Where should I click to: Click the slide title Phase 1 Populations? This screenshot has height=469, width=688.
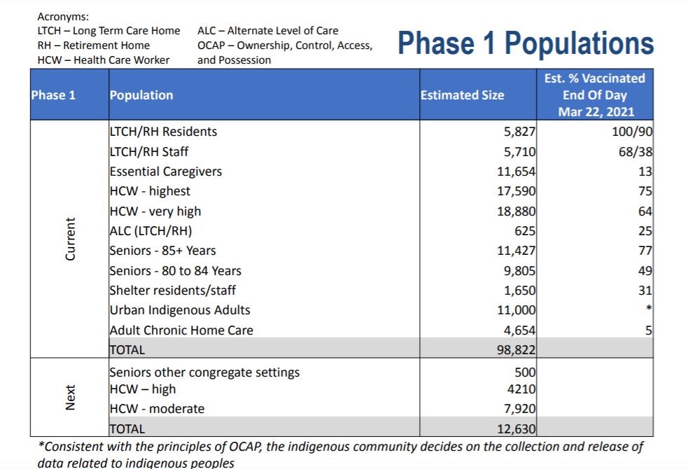pyautogui.click(x=526, y=43)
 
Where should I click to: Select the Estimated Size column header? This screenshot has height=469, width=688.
pyautogui.click(x=462, y=95)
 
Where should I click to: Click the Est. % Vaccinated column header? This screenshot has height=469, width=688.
pyautogui.click(x=595, y=94)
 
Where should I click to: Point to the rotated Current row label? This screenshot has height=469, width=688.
pyautogui.click(x=70, y=239)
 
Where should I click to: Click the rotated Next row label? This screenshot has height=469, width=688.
pyautogui.click(x=70, y=398)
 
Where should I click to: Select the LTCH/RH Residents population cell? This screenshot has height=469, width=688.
pyautogui.click(x=163, y=132)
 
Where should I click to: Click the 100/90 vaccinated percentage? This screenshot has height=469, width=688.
pyautogui.click(x=632, y=132)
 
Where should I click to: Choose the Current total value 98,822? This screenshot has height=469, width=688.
pyautogui.click(x=516, y=350)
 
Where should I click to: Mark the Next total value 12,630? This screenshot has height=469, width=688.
pyautogui.click(x=516, y=429)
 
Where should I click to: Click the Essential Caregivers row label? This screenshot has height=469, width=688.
pyautogui.click(x=166, y=171)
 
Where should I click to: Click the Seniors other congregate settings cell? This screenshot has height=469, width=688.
pyautogui.click(x=204, y=372)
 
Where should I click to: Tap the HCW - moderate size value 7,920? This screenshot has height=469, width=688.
pyautogui.click(x=519, y=409)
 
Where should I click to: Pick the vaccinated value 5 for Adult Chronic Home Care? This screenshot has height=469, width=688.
pyautogui.click(x=649, y=330)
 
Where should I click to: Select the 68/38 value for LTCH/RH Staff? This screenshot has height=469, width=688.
pyautogui.click(x=635, y=151)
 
